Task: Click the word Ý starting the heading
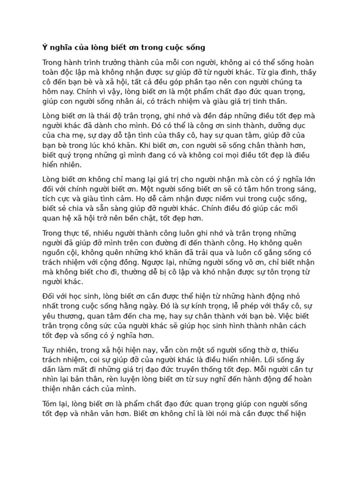(45, 47)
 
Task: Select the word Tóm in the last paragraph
(51, 404)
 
